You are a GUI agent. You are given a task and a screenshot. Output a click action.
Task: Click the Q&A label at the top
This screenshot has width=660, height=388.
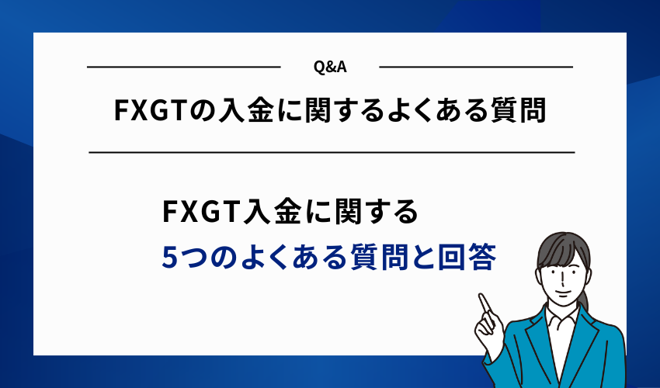(x=330, y=68)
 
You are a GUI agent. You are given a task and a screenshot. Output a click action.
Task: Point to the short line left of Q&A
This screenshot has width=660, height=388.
(x=182, y=68)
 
